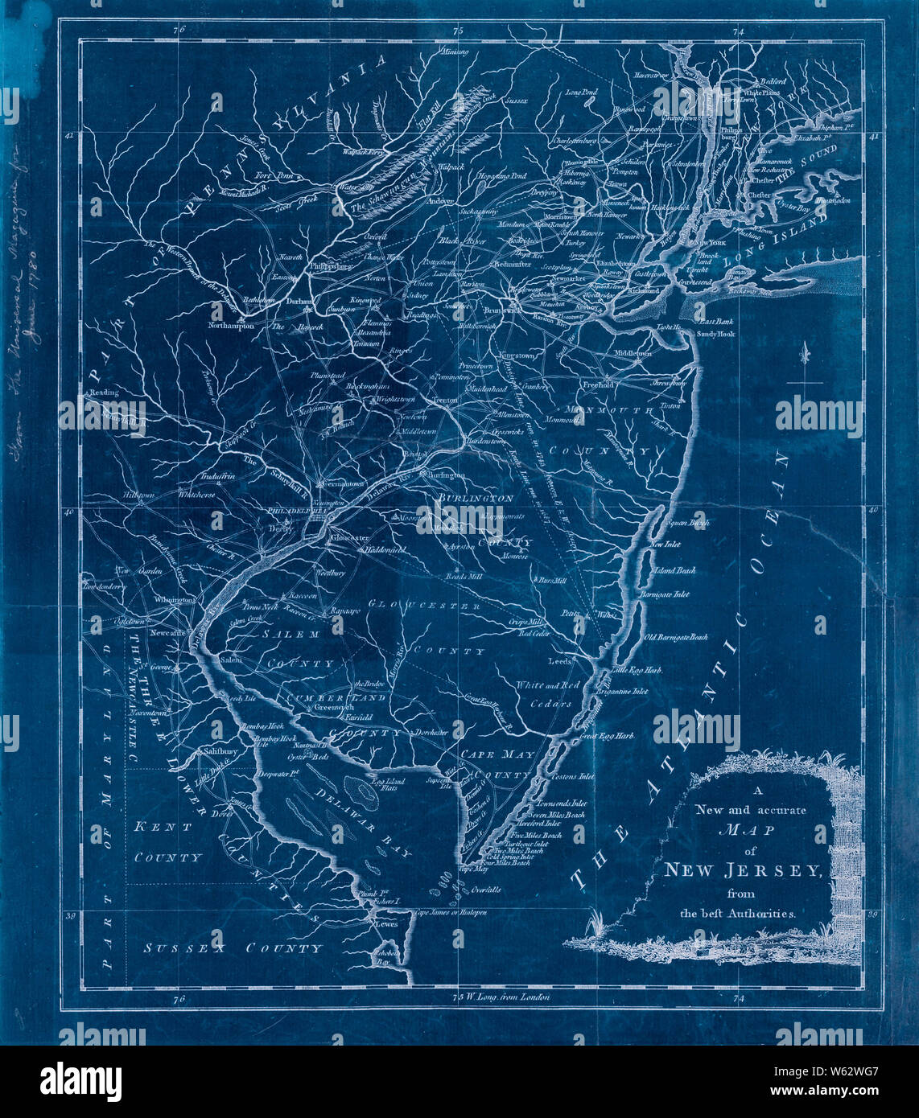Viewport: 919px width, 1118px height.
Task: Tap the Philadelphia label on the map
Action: click(294, 510)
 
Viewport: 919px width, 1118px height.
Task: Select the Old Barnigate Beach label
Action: click(676, 637)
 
